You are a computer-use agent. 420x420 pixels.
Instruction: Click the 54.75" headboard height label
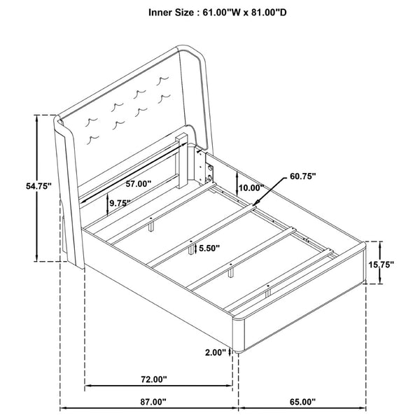click(38, 186)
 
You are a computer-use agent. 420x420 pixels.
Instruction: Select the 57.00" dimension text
click(139, 183)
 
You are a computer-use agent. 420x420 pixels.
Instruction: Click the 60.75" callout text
click(303, 176)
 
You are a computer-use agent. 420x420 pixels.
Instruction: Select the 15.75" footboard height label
click(381, 265)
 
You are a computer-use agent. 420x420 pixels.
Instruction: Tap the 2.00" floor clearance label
click(216, 353)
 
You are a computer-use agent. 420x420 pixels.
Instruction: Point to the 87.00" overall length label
click(153, 402)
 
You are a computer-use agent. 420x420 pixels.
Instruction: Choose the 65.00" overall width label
click(302, 402)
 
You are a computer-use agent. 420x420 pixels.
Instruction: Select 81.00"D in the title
click(269, 13)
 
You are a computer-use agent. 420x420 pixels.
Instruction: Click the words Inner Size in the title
click(171, 13)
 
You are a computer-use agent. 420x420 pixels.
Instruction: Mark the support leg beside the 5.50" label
click(191, 250)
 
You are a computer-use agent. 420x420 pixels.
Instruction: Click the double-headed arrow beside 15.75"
click(380, 262)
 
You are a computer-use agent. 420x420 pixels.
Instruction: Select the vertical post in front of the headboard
click(182, 161)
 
